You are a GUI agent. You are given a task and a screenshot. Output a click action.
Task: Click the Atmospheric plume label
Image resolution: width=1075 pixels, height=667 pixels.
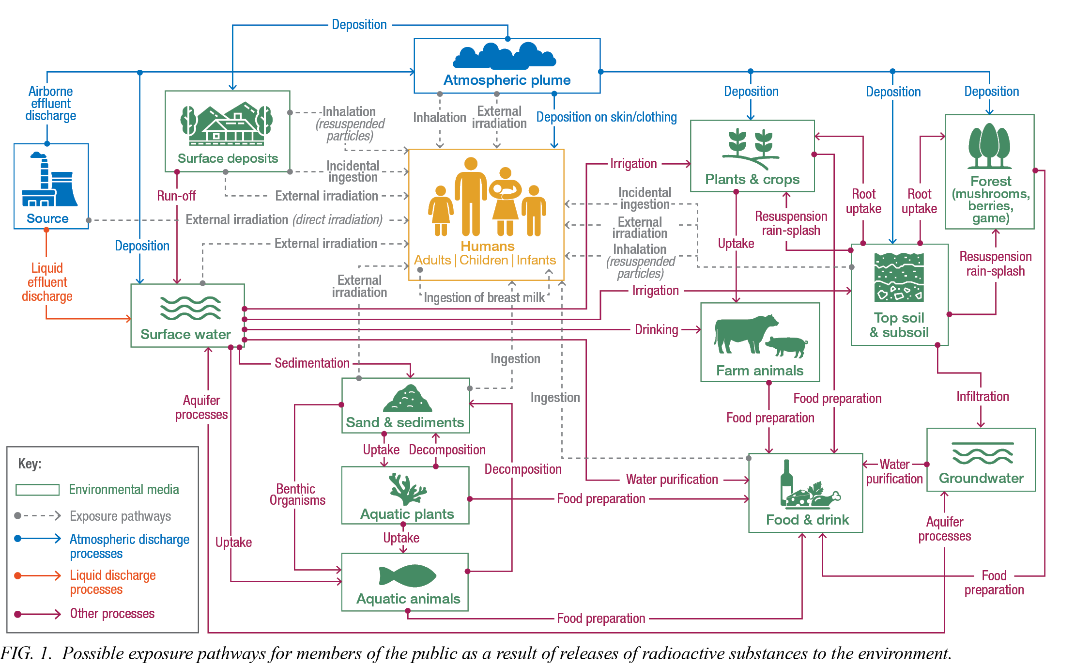[507, 80]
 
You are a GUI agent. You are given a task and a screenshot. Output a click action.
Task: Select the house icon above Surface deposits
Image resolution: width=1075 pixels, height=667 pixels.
[227, 125]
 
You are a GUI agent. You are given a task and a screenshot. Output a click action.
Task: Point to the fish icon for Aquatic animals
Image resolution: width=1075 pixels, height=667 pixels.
[407, 576]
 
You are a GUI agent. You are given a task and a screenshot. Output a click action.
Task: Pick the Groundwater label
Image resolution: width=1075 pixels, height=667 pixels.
[981, 478]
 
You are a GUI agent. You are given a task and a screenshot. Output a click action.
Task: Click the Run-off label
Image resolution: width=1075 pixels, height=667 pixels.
[176, 196]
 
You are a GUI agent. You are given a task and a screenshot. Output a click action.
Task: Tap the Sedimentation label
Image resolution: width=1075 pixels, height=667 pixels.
[312, 363]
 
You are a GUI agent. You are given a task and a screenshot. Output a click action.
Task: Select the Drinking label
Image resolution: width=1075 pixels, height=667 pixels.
[656, 329]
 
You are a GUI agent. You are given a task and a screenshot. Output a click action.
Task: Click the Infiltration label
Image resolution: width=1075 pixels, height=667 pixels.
[983, 396]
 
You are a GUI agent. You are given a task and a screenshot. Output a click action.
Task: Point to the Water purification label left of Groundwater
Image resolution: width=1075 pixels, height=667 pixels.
[894, 471]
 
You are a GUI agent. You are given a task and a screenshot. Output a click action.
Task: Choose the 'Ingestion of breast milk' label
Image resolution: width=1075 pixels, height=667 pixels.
[484, 297]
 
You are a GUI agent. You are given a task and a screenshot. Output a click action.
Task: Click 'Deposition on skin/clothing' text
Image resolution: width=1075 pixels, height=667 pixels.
[606, 117]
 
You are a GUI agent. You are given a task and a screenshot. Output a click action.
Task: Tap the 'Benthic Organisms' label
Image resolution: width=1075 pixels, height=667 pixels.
[296, 495]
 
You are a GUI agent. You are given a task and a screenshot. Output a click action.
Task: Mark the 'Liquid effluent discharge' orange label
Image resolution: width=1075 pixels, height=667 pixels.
[47, 282]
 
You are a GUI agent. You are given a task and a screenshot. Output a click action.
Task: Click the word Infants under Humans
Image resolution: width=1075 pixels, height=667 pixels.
[536, 260]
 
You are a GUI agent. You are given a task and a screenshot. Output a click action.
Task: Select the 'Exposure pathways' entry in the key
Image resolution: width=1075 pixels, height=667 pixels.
[120, 516]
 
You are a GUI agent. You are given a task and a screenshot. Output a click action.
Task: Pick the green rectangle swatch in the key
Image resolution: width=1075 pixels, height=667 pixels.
[37, 490]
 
